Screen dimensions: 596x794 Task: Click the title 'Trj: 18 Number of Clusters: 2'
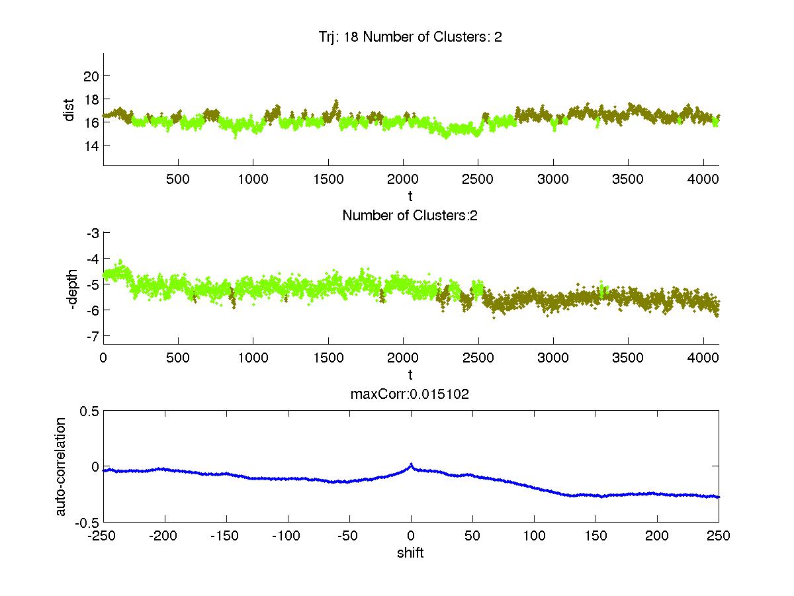coord(410,37)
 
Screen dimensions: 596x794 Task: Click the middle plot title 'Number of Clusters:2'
coord(410,215)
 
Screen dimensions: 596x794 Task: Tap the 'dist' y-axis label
coord(69,110)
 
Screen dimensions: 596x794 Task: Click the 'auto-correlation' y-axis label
coord(60,466)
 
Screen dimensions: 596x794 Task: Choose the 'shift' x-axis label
coord(410,553)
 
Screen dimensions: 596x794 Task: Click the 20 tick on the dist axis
coord(91,75)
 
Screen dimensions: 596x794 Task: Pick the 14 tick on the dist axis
coord(91,145)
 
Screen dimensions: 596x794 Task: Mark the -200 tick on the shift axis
coord(164,536)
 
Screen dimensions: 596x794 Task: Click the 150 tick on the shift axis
coord(595,536)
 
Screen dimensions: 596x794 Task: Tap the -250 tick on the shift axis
coord(103,536)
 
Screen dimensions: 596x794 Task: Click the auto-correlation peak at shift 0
coord(411,464)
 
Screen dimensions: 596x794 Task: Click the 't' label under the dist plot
coord(410,196)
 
